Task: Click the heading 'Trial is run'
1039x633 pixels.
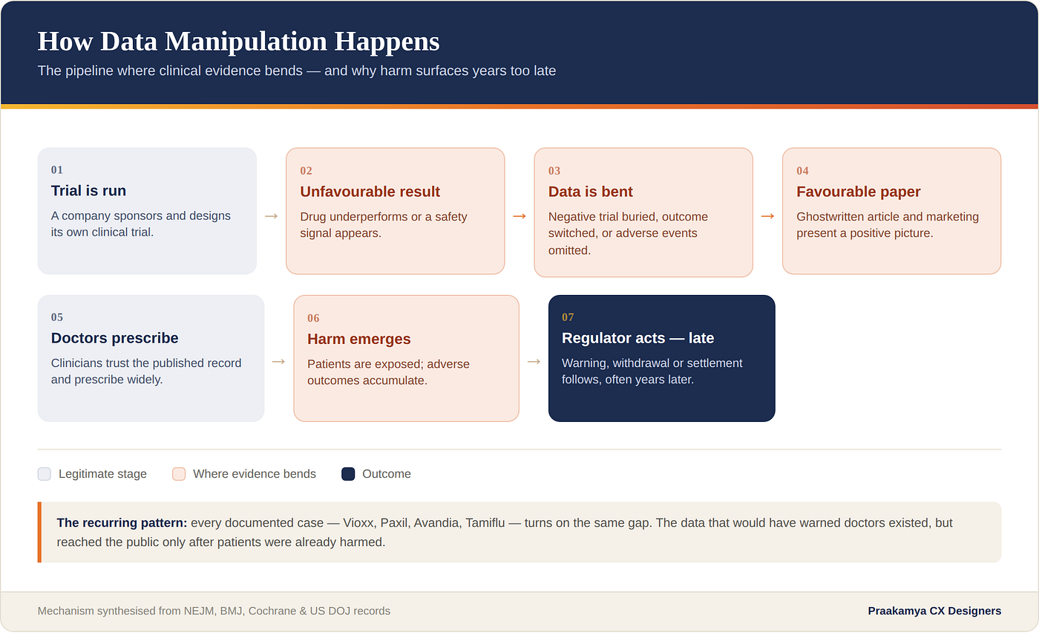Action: [x=88, y=191]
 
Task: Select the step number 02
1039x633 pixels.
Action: [x=306, y=171]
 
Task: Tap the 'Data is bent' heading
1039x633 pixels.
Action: [x=591, y=192]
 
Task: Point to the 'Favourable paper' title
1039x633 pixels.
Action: [x=859, y=192]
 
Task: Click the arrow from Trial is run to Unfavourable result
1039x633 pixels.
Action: [x=272, y=216]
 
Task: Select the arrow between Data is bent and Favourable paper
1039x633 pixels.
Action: [x=767, y=216]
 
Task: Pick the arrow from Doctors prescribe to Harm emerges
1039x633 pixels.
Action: [x=278, y=362]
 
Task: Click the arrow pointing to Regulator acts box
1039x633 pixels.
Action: [x=534, y=362]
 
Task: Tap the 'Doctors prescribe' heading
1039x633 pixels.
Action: [x=114, y=338]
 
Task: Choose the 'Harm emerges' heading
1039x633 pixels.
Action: [x=359, y=339]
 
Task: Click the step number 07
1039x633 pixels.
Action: [x=568, y=318]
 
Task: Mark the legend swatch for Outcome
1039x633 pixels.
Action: [x=348, y=474]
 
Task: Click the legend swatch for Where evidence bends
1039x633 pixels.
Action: [x=179, y=474]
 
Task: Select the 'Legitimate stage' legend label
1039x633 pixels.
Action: [x=102, y=474]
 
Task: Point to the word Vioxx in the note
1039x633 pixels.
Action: [x=358, y=523]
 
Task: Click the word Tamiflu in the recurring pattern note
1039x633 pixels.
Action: [x=485, y=523]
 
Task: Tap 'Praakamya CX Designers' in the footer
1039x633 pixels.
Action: [x=934, y=611]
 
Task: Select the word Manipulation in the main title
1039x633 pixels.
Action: [x=246, y=42]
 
